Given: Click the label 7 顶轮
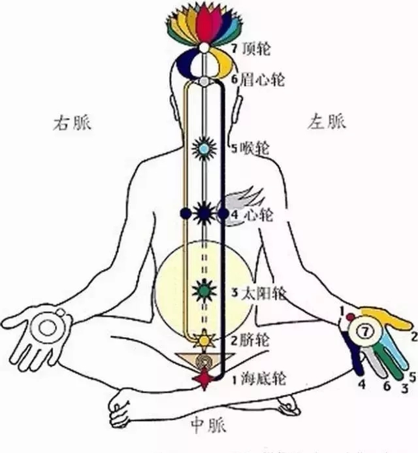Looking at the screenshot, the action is tap(251, 48).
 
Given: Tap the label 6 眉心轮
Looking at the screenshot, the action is tap(258, 80).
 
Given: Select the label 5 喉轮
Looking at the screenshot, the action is tap(251, 149).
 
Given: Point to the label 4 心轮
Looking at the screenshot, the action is tap(251, 214).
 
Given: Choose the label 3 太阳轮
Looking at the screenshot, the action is tap(259, 294).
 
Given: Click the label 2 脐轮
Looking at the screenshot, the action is tap(250, 340).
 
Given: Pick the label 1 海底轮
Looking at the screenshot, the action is tap(259, 378).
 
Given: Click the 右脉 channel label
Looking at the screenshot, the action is tap(72, 123).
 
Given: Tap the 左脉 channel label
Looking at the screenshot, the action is tap(326, 122).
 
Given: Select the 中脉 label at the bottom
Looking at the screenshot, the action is tap(208, 425).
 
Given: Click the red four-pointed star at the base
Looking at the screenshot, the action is tap(204, 378).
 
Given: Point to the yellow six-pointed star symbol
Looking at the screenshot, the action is tap(204, 340).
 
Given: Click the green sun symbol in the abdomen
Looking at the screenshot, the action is tap(204, 290).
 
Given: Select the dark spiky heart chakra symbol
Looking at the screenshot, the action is tap(204, 213).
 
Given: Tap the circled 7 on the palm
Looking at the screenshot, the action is tap(365, 331).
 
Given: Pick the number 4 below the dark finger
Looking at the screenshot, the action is tap(362, 384).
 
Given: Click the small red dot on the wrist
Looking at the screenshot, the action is tap(351, 317).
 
